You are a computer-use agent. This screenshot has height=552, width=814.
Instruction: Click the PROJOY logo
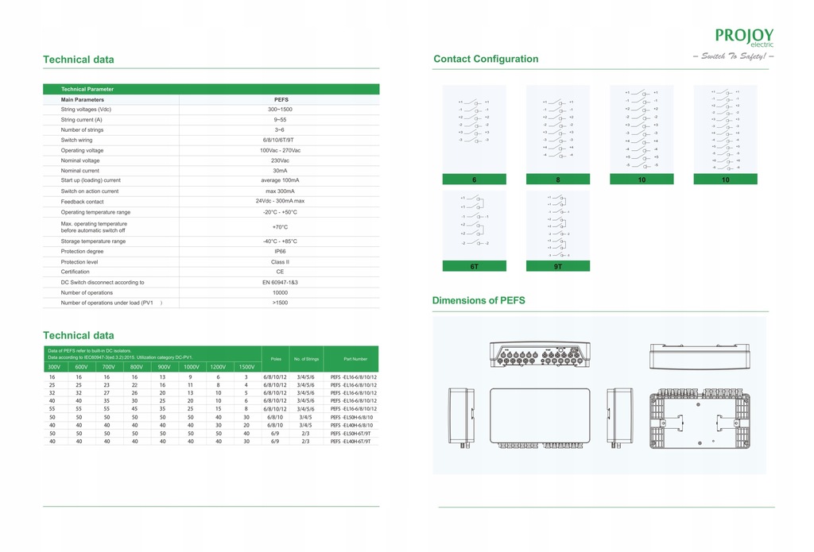click(743, 37)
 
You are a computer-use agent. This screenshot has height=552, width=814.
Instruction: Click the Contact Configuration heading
click(486, 59)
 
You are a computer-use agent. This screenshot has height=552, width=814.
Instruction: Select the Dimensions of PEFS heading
click(479, 300)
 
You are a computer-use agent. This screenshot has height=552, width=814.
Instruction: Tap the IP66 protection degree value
click(280, 251)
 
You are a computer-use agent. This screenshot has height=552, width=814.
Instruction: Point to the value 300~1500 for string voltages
click(280, 109)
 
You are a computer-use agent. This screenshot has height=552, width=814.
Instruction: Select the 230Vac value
click(280, 160)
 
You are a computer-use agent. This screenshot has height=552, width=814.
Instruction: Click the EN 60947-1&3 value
click(280, 282)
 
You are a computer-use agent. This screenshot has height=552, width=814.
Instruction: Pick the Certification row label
click(76, 272)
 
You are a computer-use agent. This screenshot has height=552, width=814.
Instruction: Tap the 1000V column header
click(191, 367)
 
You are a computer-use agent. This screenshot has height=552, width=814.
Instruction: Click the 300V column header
click(54, 367)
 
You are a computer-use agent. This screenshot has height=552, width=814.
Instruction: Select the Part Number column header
click(355, 359)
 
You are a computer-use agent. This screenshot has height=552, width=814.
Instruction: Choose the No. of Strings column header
click(305, 359)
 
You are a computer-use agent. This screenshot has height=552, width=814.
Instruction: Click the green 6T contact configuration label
click(474, 267)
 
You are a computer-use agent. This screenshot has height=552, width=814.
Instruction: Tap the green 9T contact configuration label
click(558, 267)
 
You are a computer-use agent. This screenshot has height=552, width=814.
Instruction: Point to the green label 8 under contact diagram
click(558, 179)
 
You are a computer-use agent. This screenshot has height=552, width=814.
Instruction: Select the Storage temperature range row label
click(93, 241)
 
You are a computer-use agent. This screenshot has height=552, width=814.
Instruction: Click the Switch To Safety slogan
click(734, 56)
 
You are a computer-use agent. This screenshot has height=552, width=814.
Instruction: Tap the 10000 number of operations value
click(280, 292)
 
